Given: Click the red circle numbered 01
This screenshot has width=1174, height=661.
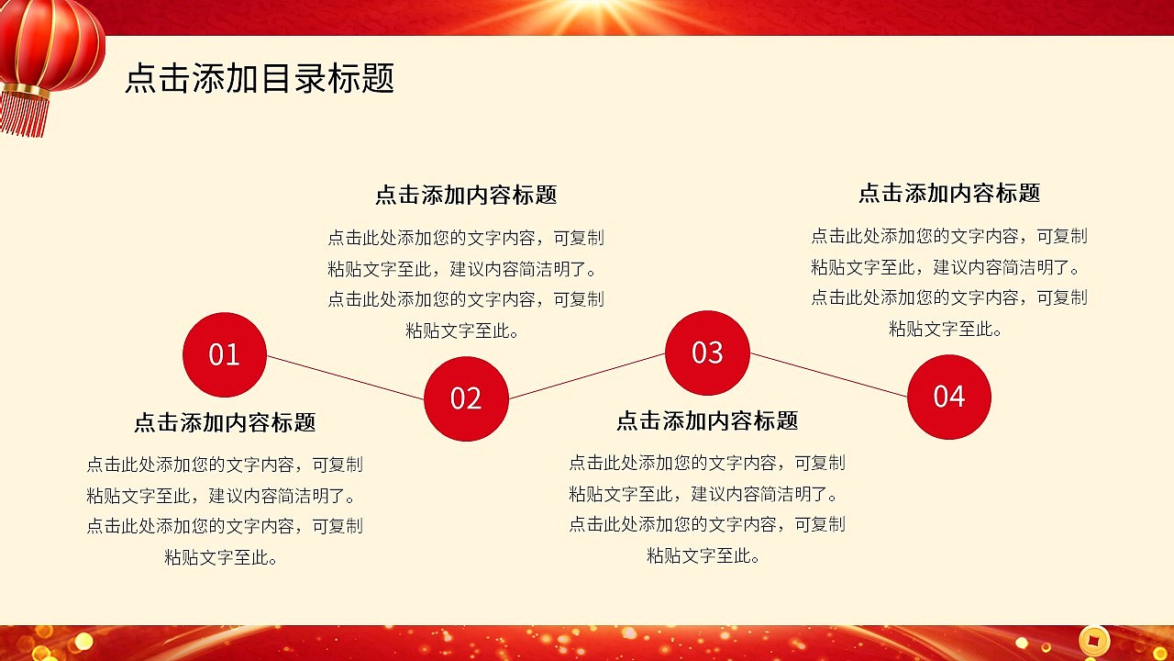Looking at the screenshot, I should tap(225, 354).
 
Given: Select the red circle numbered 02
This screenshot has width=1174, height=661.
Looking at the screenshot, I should tap(466, 398).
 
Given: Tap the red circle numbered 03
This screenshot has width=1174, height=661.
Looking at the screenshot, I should tap(707, 353).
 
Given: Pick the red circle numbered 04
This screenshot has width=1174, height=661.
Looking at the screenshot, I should tap(948, 397).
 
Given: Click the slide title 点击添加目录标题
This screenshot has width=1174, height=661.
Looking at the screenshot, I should tap(260, 79).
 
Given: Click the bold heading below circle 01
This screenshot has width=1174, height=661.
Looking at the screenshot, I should tap(225, 422).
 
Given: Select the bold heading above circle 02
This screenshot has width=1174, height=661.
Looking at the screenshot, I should tap(466, 195).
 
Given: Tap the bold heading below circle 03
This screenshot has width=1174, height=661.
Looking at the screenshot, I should tap(707, 420).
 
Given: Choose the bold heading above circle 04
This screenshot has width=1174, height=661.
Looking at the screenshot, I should tap(948, 193).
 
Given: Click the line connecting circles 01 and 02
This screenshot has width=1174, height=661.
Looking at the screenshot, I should tap(345, 377).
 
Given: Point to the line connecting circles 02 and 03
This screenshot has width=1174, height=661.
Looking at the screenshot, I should tap(587, 375).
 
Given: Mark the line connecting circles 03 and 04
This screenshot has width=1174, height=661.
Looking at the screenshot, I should tap(828, 375).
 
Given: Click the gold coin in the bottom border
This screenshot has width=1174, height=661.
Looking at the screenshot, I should tap(1093, 640).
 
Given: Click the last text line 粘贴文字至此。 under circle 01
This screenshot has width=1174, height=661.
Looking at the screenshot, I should tap(221, 557).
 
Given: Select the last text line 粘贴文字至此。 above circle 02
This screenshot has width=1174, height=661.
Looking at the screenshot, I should tap(462, 330).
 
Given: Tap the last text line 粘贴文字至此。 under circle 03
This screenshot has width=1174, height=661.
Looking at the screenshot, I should tap(703, 555).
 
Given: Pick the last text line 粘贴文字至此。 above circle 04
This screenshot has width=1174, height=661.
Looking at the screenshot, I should tap(945, 329).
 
